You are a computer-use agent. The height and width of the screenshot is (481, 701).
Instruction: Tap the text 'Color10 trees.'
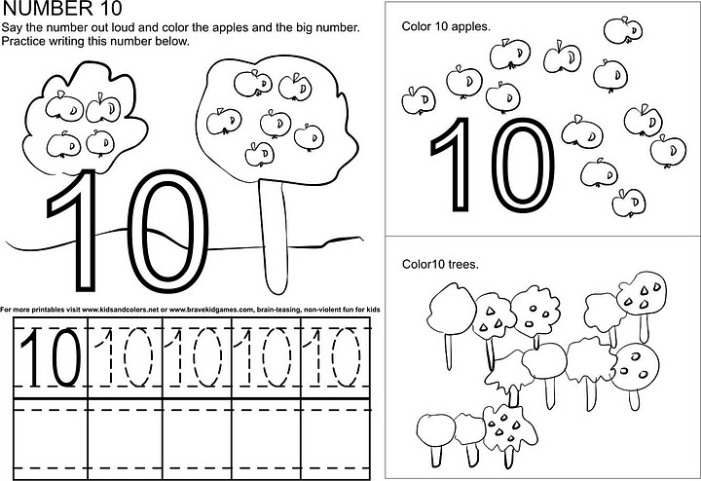coord(439,264)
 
